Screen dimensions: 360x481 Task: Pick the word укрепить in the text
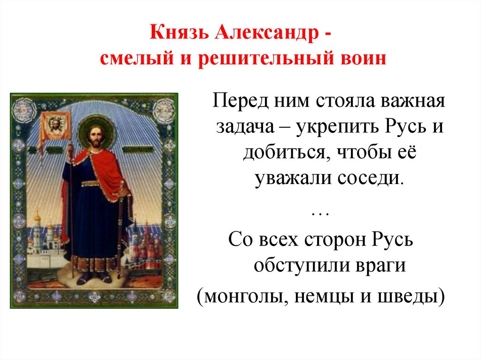tap(339, 128)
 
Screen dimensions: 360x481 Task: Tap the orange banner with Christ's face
tap(55, 125)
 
